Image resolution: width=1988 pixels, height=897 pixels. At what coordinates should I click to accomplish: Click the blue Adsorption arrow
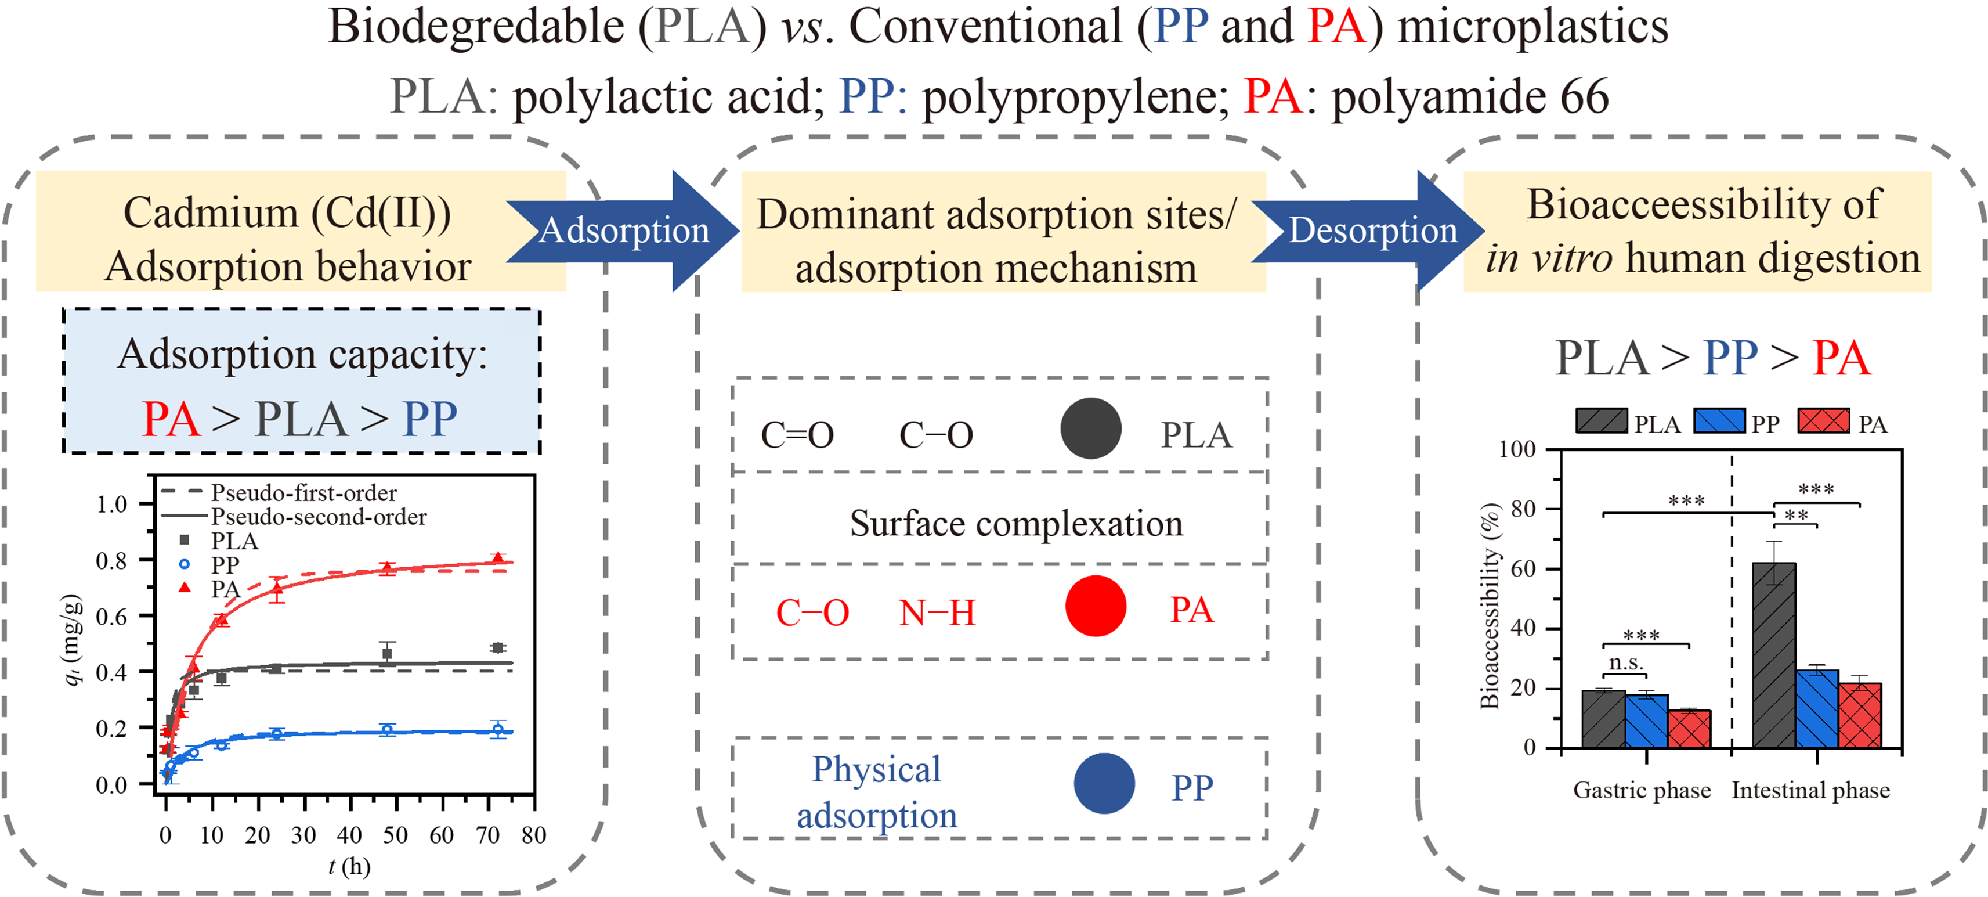pos(624,230)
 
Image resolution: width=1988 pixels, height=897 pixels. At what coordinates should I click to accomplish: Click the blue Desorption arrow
pos(1372,230)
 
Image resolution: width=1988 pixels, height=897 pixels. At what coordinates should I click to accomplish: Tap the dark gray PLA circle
pos(1090,428)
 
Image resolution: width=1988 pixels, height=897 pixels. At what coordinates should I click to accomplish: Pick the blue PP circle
pos(1104,784)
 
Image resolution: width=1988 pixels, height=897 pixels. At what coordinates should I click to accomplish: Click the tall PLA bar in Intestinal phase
pos(1773,656)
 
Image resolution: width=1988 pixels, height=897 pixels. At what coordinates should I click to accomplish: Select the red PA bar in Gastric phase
pos(1689,729)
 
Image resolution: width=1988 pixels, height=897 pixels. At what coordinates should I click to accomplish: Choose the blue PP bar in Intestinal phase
pos(1817,709)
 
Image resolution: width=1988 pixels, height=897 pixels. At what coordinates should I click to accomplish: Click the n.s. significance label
pos(1625,662)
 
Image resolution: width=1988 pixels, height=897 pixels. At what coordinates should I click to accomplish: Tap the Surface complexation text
pos(1015,523)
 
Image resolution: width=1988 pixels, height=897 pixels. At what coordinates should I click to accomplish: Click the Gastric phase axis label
pos(1642,791)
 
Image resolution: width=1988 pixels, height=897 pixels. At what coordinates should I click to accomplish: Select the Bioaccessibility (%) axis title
pos(1490,606)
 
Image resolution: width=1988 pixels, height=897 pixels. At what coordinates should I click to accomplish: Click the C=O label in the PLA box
pos(797,435)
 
